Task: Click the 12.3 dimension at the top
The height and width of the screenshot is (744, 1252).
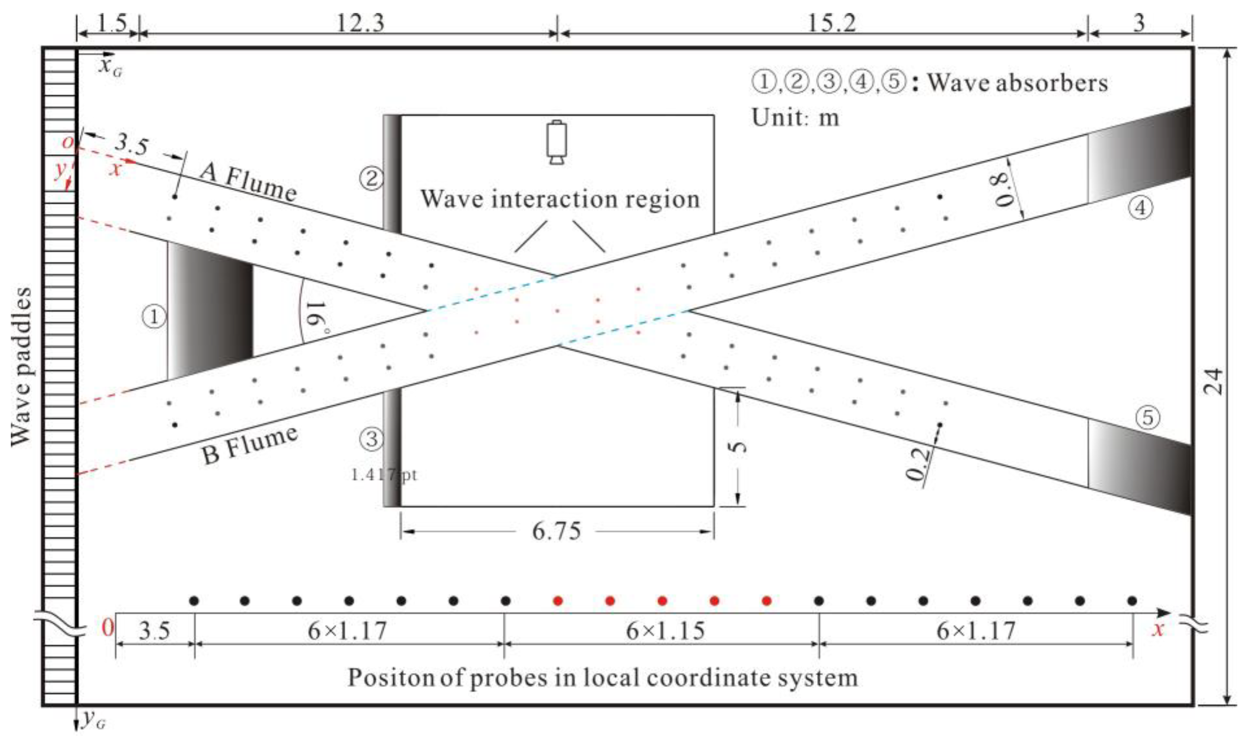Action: click(x=360, y=22)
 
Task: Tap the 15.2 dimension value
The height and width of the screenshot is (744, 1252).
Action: click(x=831, y=22)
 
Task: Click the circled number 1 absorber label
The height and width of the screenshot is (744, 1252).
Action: click(x=153, y=317)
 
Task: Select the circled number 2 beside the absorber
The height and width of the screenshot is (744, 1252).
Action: click(x=371, y=178)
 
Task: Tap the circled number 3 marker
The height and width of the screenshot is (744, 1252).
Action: click(x=371, y=439)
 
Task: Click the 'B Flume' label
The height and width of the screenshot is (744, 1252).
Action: click(x=249, y=444)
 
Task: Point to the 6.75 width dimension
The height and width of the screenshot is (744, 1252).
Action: click(x=556, y=531)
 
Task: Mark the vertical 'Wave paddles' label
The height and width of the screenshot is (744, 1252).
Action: click(x=21, y=366)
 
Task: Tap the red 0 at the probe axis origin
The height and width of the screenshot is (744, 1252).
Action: click(x=107, y=628)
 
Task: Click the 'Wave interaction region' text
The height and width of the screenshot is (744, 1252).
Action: click(x=560, y=199)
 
